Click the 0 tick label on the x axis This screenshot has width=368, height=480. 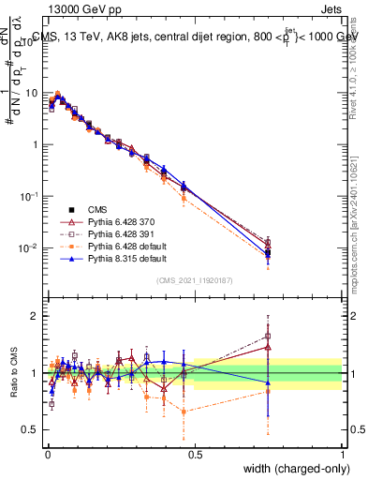pos(47,453)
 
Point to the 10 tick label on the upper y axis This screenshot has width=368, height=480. pos(33,94)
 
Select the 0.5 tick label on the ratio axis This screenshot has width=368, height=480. pos(33,429)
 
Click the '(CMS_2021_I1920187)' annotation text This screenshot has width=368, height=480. pos(195,280)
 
